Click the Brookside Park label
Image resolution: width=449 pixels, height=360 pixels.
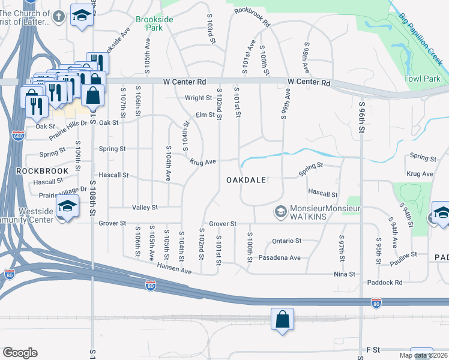[154, 24]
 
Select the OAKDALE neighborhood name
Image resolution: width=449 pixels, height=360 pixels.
[246, 180]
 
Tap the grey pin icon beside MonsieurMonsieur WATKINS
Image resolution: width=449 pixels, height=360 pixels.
[280, 212]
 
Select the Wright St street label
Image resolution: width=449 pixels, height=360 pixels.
[198, 98]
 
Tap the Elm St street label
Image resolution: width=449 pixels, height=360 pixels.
[205, 115]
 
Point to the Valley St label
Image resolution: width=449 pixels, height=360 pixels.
[145, 208]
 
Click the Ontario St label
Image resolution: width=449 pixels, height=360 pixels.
[286, 241]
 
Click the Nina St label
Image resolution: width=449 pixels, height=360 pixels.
[344, 274]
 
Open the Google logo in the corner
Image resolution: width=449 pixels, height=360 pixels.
[20, 353]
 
